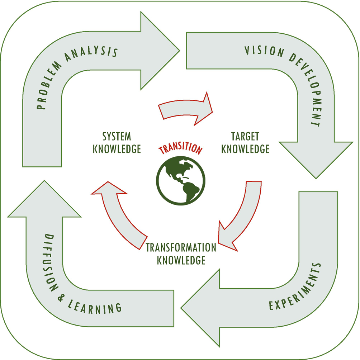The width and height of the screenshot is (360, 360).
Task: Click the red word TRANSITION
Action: [180, 148]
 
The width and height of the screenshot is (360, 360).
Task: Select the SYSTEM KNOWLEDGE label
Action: [117, 142]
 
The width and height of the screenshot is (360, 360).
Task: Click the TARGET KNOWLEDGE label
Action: [245, 142]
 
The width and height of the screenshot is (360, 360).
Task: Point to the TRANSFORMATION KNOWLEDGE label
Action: [181, 254]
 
